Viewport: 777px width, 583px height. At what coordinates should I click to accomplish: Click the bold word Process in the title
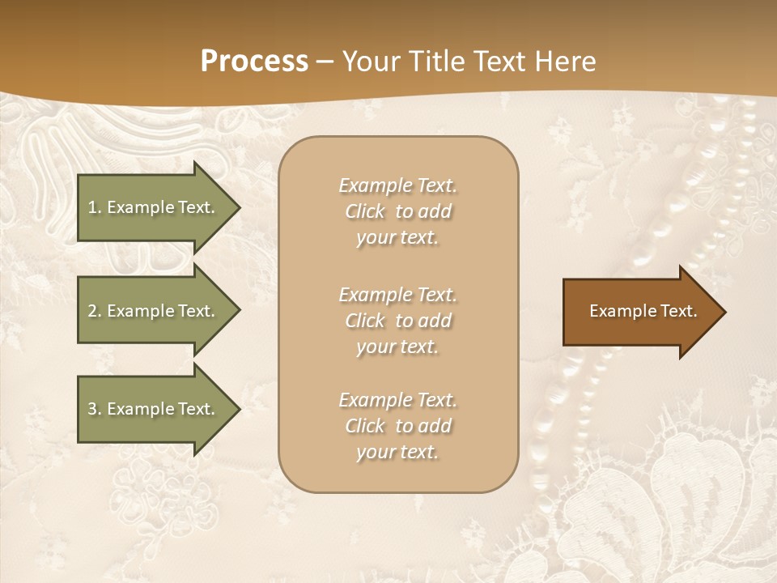(254, 62)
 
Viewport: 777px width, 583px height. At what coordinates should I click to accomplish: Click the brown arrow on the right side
(639, 311)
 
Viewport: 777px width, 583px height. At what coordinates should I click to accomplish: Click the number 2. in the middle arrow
(95, 311)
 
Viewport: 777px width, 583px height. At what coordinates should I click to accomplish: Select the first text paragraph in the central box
(397, 211)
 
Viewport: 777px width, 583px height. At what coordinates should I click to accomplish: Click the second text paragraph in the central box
(397, 321)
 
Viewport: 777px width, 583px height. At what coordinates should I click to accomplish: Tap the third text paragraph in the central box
(397, 426)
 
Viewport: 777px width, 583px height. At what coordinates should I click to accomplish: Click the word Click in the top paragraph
(365, 211)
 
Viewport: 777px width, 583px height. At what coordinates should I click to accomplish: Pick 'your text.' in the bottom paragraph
(397, 452)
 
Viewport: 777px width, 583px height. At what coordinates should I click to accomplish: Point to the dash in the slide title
(325, 62)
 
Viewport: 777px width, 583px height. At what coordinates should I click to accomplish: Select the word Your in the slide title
(370, 62)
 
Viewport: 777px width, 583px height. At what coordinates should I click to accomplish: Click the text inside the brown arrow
(643, 311)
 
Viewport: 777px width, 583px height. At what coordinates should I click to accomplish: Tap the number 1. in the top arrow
(95, 207)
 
